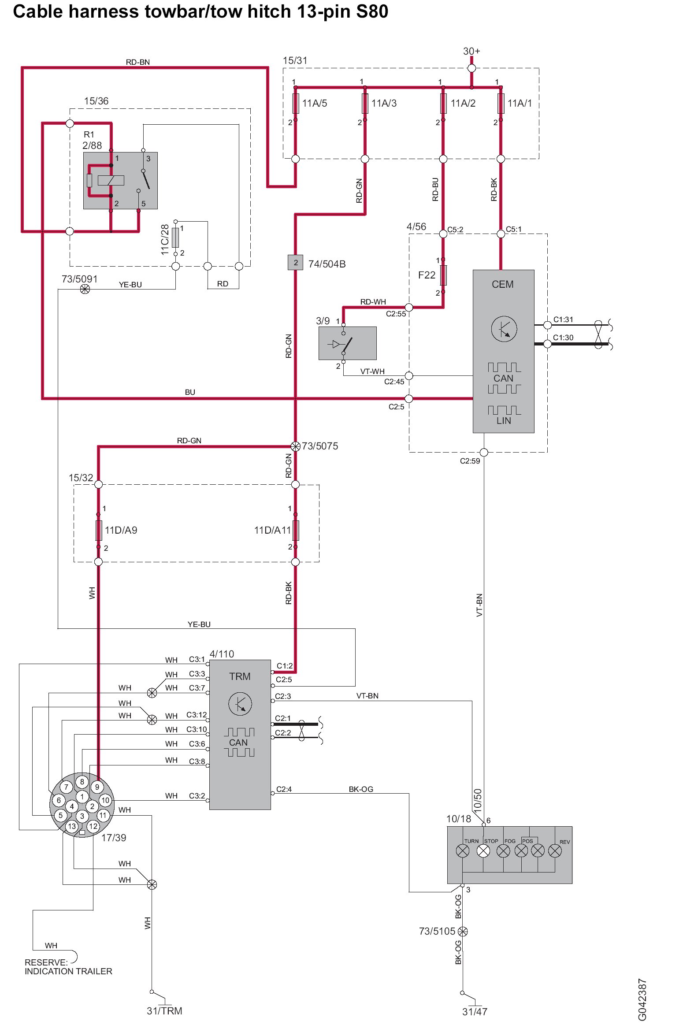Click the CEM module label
(502, 284)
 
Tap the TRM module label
(239, 676)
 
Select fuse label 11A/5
(315, 103)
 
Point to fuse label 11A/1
(520, 103)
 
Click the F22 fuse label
(427, 275)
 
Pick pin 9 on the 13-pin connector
(97, 787)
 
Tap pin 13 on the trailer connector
(72, 826)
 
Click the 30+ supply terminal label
(471, 51)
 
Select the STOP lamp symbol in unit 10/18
(483, 851)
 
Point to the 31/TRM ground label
(164, 1011)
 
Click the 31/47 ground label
(475, 1012)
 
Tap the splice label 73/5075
(320, 446)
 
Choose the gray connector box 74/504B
(296, 263)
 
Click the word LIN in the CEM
(504, 420)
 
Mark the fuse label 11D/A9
(121, 530)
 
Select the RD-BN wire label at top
(138, 62)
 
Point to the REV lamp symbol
(555, 851)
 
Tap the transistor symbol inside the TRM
(240, 704)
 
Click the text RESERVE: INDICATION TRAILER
(68, 967)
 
